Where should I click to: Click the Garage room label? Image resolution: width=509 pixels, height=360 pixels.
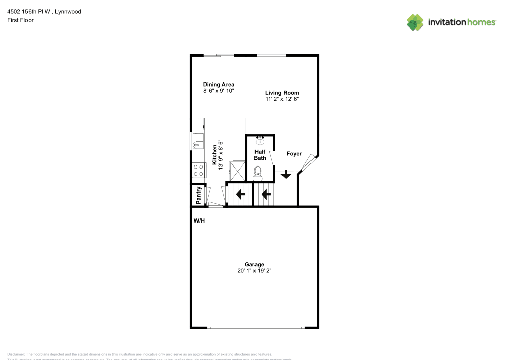tap(254, 264)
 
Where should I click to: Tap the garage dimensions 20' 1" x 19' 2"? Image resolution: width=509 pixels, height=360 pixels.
tap(254, 271)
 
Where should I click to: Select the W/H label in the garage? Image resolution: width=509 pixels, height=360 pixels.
tap(199, 221)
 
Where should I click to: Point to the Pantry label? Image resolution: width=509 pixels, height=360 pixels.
tap(199, 195)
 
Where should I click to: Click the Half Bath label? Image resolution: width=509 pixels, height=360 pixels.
tap(260, 155)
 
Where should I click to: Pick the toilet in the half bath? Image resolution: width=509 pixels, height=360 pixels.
tap(258, 173)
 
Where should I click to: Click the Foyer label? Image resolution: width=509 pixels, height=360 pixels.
tap(294, 154)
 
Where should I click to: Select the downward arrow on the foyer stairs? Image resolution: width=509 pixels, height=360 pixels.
tap(286, 175)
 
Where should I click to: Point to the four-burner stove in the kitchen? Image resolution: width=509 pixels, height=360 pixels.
tap(198, 170)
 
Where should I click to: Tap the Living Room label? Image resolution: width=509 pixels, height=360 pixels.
tap(281, 93)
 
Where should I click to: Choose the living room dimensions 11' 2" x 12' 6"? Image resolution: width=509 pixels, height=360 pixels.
tap(281, 99)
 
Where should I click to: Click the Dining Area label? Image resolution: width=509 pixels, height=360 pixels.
tap(218, 84)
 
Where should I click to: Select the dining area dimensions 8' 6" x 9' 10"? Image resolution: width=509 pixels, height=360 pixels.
tap(218, 91)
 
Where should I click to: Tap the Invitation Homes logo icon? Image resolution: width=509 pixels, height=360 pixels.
tap(415, 22)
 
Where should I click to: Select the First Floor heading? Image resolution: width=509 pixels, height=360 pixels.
tap(20, 20)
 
